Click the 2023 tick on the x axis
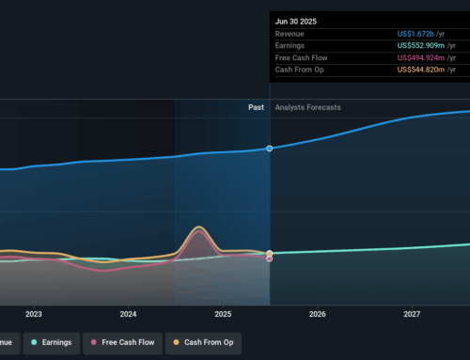coord(34,314)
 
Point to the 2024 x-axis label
coord(129,314)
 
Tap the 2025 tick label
coord(223,314)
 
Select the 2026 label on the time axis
coord(318,314)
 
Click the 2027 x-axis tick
coord(412,314)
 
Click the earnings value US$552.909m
coord(425,46)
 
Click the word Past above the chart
coord(256,107)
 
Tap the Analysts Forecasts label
coord(307,107)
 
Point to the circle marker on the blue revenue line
coord(270,149)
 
